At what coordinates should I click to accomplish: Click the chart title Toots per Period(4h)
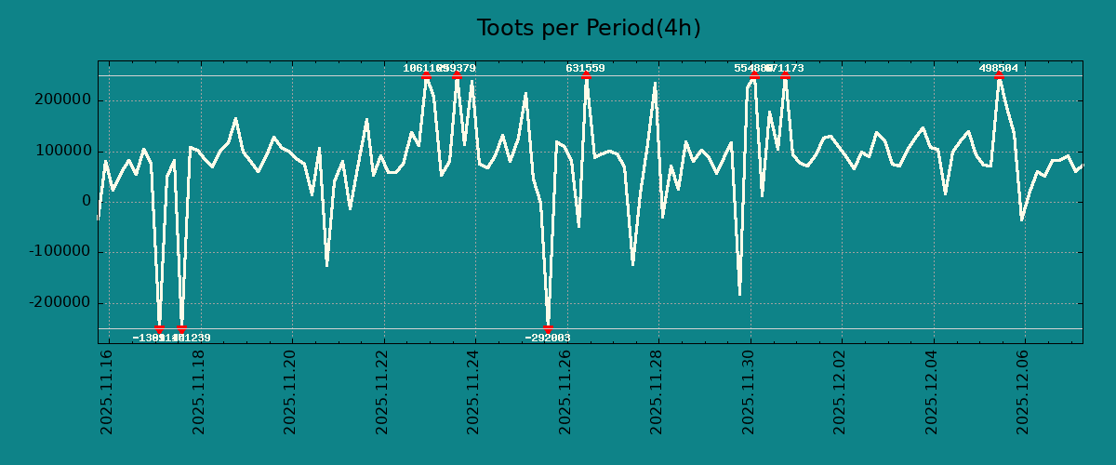pyautogui.click(x=589, y=28)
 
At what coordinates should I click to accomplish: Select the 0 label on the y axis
pyautogui.click(x=86, y=202)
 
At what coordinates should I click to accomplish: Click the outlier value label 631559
pyautogui.click(x=585, y=68)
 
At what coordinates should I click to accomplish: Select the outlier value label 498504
pyautogui.click(x=998, y=68)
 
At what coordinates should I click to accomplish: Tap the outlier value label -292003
pyautogui.click(x=548, y=338)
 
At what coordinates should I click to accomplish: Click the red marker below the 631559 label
pyautogui.click(x=586, y=76)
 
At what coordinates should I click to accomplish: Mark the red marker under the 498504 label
pyautogui.click(x=999, y=76)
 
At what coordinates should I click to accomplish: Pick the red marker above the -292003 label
pyautogui.click(x=548, y=328)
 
